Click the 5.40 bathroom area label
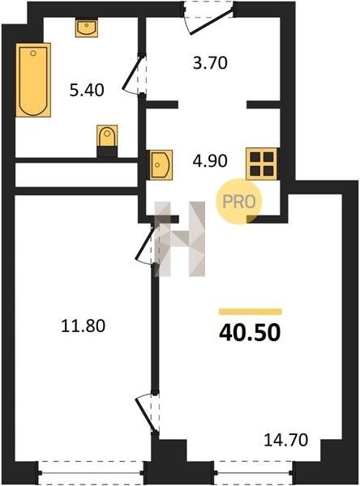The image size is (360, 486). coord(87,91)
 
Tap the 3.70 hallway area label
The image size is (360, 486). coord(210,63)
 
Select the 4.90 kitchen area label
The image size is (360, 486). coord(210,161)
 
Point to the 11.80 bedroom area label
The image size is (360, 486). coord(84,326)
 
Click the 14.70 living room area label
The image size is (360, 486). coord(286,440)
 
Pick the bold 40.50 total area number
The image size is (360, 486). coord(250,333)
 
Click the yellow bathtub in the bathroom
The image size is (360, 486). coord(33,80)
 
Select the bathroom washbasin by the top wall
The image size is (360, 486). coord(87,28)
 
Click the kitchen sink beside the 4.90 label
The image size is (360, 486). coord(161,164)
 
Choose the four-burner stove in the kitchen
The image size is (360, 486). coord(261,164)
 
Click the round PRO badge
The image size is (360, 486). coord(239,202)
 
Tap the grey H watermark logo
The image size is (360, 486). coord(180,239)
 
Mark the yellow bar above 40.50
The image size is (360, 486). coord(251,312)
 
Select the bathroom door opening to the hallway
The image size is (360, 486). coord(134,75)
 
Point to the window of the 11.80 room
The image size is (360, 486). coord(91,473)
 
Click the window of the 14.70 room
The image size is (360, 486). coord(253,473)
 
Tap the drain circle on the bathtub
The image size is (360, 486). coord(33,53)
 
